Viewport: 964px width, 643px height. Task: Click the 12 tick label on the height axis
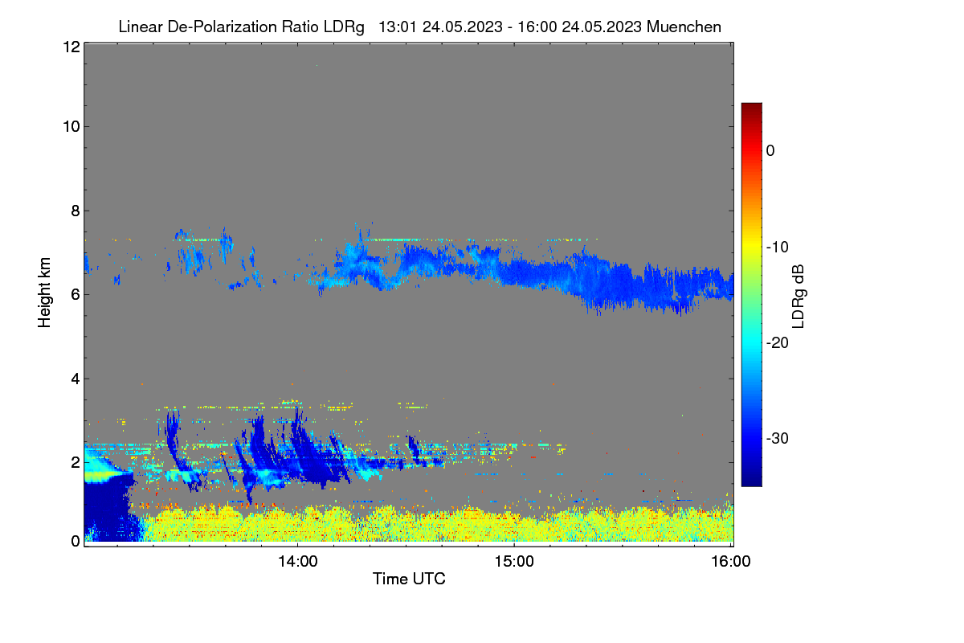click(x=71, y=47)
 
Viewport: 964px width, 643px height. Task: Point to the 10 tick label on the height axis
click(x=71, y=127)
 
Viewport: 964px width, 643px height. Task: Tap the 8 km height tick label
click(x=76, y=211)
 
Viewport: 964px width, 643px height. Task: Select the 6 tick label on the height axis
click(x=76, y=295)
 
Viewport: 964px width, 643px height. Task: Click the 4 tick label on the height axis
click(x=76, y=379)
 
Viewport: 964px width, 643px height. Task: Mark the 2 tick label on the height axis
click(x=76, y=462)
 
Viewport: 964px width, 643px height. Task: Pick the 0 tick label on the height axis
click(x=76, y=542)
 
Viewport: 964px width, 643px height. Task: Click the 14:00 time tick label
click(x=298, y=562)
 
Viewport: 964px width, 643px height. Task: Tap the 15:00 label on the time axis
click(x=514, y=562)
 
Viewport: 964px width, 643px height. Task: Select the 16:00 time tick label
click(x=731, y=562)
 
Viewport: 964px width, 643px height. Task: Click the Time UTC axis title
click(x=409, y=579)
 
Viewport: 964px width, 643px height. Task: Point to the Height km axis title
click(x=44, y=293)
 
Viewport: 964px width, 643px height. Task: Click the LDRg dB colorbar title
click(x=799, y=297)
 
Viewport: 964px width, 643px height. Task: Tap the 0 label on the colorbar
click(x=770, y=151)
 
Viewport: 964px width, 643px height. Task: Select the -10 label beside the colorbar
click(x=778, y=248)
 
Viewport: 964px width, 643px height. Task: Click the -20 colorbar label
click(x=778, y=343)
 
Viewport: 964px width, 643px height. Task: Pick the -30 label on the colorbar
click(x=778, y=438)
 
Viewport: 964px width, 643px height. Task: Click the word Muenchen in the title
click(x=684, y=27)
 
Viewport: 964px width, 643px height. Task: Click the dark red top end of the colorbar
click(x=751, y=105)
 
